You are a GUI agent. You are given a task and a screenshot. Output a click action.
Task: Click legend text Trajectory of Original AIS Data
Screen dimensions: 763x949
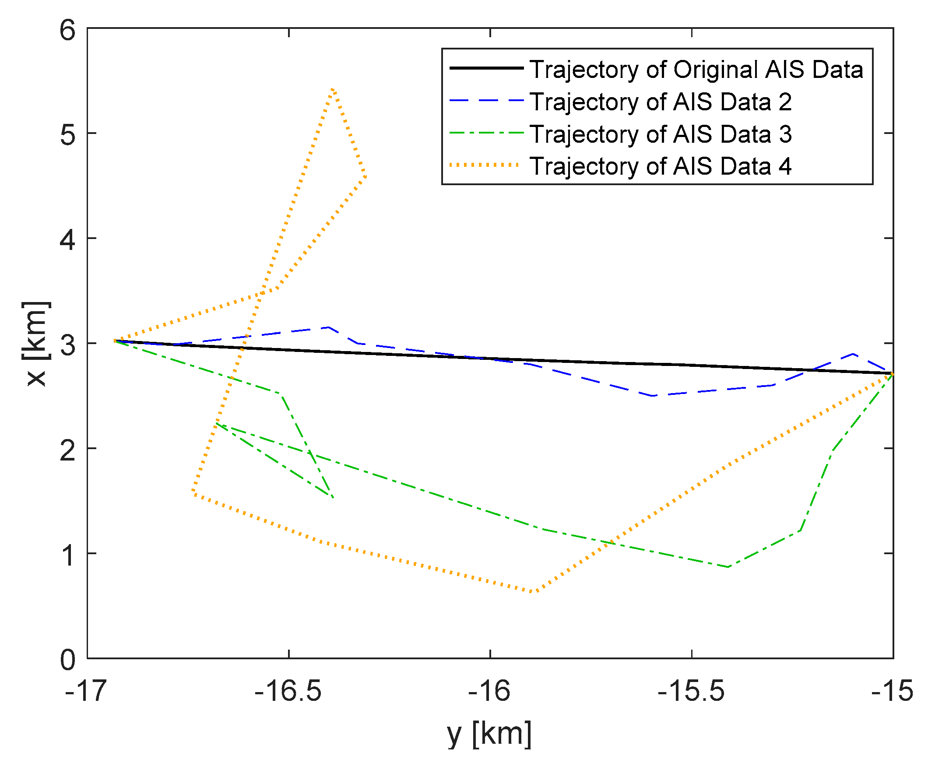tap(696, 70)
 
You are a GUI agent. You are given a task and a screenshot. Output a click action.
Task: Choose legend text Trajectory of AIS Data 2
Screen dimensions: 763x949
tap(660, 102)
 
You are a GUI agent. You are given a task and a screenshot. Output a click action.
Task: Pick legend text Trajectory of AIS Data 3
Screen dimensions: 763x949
tap(660, 134)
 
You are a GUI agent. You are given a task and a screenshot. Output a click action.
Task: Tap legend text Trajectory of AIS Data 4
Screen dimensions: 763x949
tap(660, 166)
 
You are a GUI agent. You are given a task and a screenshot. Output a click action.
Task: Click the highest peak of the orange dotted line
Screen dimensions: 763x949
tap(333, 89)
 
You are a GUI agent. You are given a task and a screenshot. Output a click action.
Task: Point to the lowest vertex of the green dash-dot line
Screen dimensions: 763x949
tap(728, 566)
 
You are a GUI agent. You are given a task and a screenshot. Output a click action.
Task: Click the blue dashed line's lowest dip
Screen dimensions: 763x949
tap(652, 396)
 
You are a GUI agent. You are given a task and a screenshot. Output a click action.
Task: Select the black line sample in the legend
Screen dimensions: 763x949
tap(486, 68)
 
